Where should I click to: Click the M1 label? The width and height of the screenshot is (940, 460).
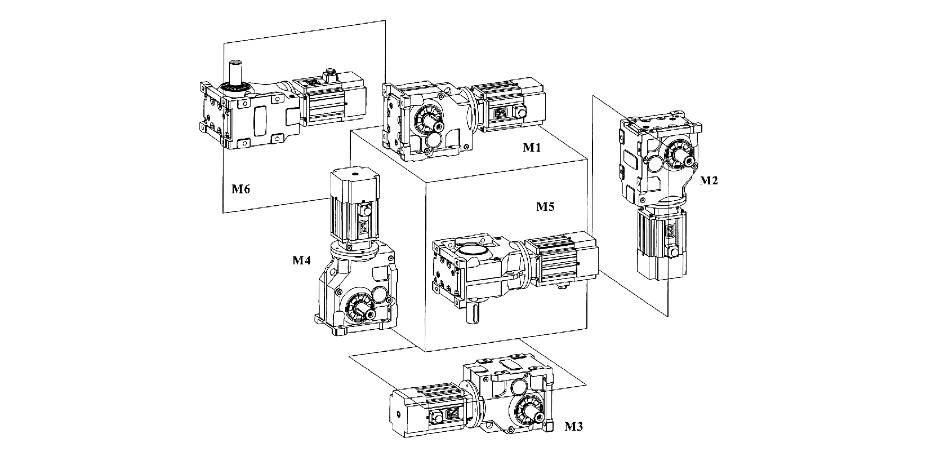pyautogui.click(x=532, y=148)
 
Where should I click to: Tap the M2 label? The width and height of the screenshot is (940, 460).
pyautogui.click(x=709, y=180)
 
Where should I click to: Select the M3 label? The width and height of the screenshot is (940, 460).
pyautogui.click(x=574, y=426)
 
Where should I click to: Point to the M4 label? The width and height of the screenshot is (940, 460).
pyautogui.click(x=301, y=260)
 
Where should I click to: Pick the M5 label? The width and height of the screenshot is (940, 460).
pyautogui.click(x=545, y=206)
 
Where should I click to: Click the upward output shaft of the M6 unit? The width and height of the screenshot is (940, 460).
pyautogui.click(x=234, y=72)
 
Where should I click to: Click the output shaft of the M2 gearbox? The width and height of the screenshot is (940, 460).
pyautogui.click(x=688, y=161)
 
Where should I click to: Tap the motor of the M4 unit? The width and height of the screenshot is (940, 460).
pyautogui.click(x=353, y=207)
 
